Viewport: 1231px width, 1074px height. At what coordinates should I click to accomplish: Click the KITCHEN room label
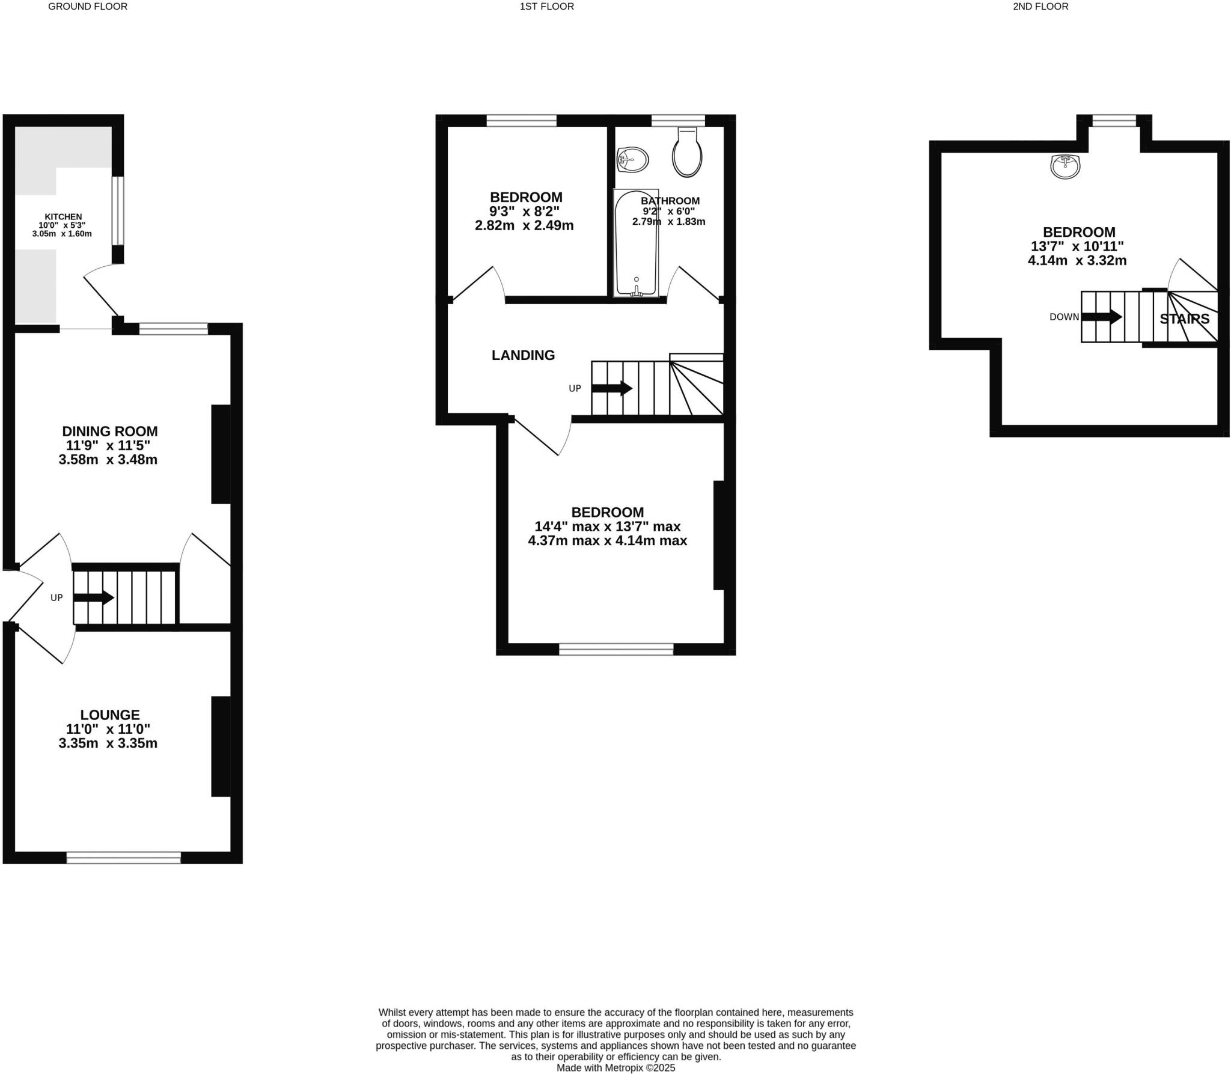[x=63, y=217]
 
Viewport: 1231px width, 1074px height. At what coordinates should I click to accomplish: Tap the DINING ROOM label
[x=110, y=431]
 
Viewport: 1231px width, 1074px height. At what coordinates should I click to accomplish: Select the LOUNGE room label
[x=110, y=715]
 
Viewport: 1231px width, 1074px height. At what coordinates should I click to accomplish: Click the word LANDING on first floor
[x=523, y=355]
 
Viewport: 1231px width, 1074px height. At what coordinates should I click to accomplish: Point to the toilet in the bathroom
[x=687, y=153]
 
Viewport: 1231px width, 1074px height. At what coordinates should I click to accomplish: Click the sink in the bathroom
[x=633, y=159]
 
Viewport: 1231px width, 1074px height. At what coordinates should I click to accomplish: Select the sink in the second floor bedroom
[x=1065, y=166]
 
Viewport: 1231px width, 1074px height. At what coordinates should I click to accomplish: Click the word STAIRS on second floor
[x=1184, y=319]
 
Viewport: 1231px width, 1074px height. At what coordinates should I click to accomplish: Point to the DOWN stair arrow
[x=1101, y=317]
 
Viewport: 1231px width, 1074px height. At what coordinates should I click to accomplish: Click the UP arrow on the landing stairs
[x=612, y=388]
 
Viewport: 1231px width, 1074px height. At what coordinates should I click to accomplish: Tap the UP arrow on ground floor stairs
[x=93, y=597]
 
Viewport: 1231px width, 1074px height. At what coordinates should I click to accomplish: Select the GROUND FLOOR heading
[x=88, y=7]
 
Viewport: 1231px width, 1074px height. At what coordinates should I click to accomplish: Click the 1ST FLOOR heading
[x=546, y=7]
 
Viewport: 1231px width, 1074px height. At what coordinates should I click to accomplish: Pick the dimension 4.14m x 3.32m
[x=1077, y=260]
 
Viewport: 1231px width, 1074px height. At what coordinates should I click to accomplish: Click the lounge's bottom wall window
[x=123, y=858]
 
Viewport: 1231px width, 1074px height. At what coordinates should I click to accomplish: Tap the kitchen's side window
[x=118, y=210]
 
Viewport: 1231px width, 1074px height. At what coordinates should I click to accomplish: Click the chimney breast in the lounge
[x=221, y=746]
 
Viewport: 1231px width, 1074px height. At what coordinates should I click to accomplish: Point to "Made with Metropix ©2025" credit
[x=615, y=1068]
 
